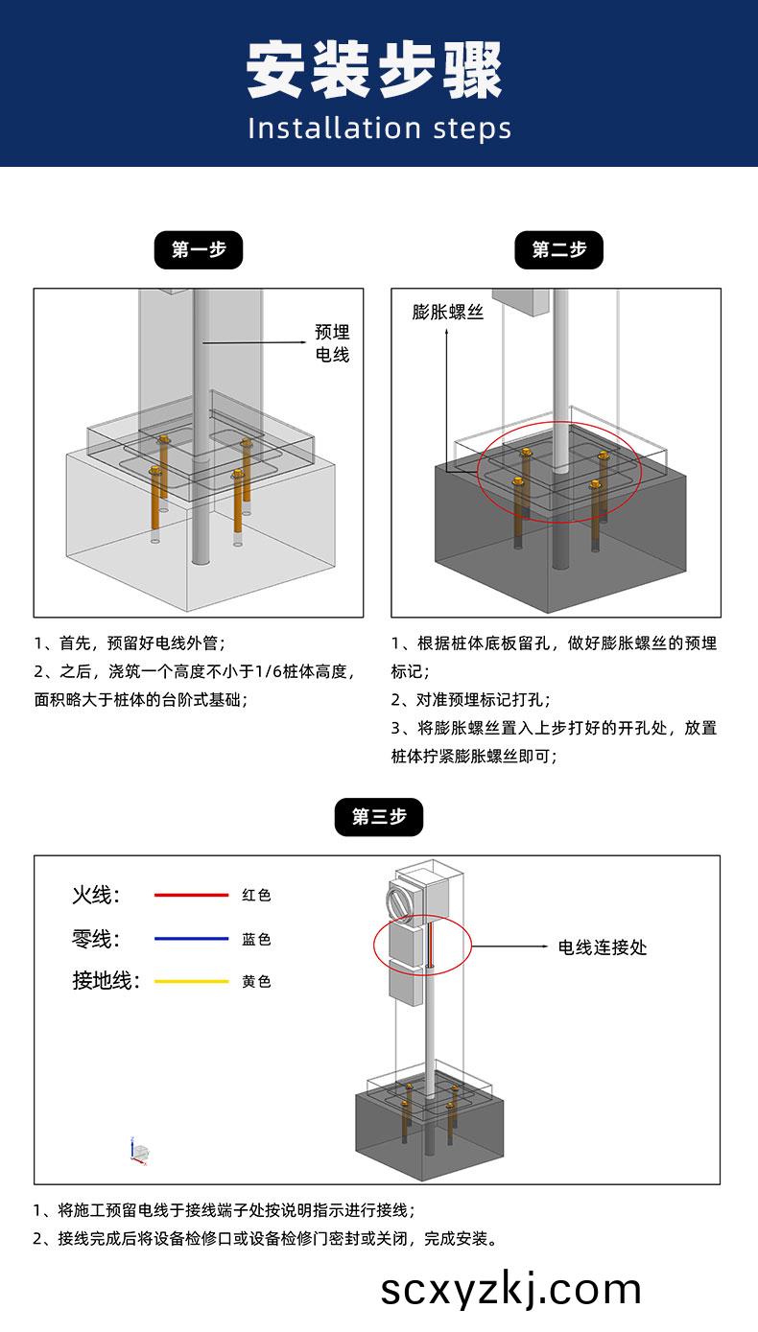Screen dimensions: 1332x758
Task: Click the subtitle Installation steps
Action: [x=379, y=129]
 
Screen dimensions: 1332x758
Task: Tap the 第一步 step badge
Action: [x=199, y=250]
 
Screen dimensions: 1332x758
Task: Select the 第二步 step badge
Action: [x=558, y=250]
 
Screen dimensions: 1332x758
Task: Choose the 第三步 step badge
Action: [x=378, y=817]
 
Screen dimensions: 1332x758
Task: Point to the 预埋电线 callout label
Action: [x=333, y=343]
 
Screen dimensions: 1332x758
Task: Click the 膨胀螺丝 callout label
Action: [x=448, y=313]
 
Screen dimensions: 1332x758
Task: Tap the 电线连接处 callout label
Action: [x=603, y=946]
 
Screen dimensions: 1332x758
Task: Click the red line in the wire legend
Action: [x=191, y=895]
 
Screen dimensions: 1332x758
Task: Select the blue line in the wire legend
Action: [x=191, y=939]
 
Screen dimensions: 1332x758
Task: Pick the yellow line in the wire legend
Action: [x=191, y=981]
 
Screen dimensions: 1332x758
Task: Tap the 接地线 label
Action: [x=106, y=981]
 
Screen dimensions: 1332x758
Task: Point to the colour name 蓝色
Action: [x=256, y=939]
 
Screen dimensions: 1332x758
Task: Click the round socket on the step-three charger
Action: [x=396, y=903]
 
